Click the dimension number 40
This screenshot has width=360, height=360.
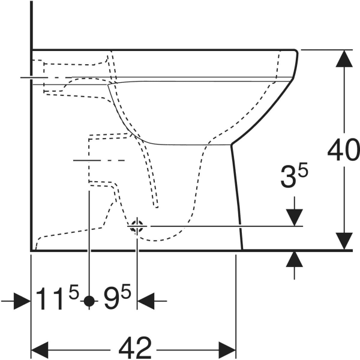[x=343, y=149]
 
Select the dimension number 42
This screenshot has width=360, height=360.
[x=135, y=348]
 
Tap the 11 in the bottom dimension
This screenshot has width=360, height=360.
[x=50, y=298]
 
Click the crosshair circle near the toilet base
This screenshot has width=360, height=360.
[x=137, y=226]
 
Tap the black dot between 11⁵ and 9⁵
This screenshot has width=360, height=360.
[x=89, y=301]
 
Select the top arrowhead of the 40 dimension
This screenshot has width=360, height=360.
[x=344, y=58]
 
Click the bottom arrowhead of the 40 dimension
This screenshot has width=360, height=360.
[x=344, y=241]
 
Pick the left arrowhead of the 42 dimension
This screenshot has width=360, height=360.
[x=40, y=350]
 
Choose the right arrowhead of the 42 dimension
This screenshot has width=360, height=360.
[x=227, y=350]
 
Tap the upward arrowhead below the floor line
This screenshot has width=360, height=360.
[x=295, y=259]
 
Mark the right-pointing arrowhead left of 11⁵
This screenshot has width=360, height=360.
[x=22, y=301]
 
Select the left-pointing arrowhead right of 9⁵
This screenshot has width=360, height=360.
[x=146, y=301]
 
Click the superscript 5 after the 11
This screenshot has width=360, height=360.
[x=74, y=292]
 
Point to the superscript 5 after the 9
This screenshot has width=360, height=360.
[x=126, y=292]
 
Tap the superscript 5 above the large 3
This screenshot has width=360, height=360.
[x=302, y=170]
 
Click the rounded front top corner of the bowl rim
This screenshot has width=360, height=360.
[x=296, y=52]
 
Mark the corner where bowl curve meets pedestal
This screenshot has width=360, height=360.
[x=231, y=145]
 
